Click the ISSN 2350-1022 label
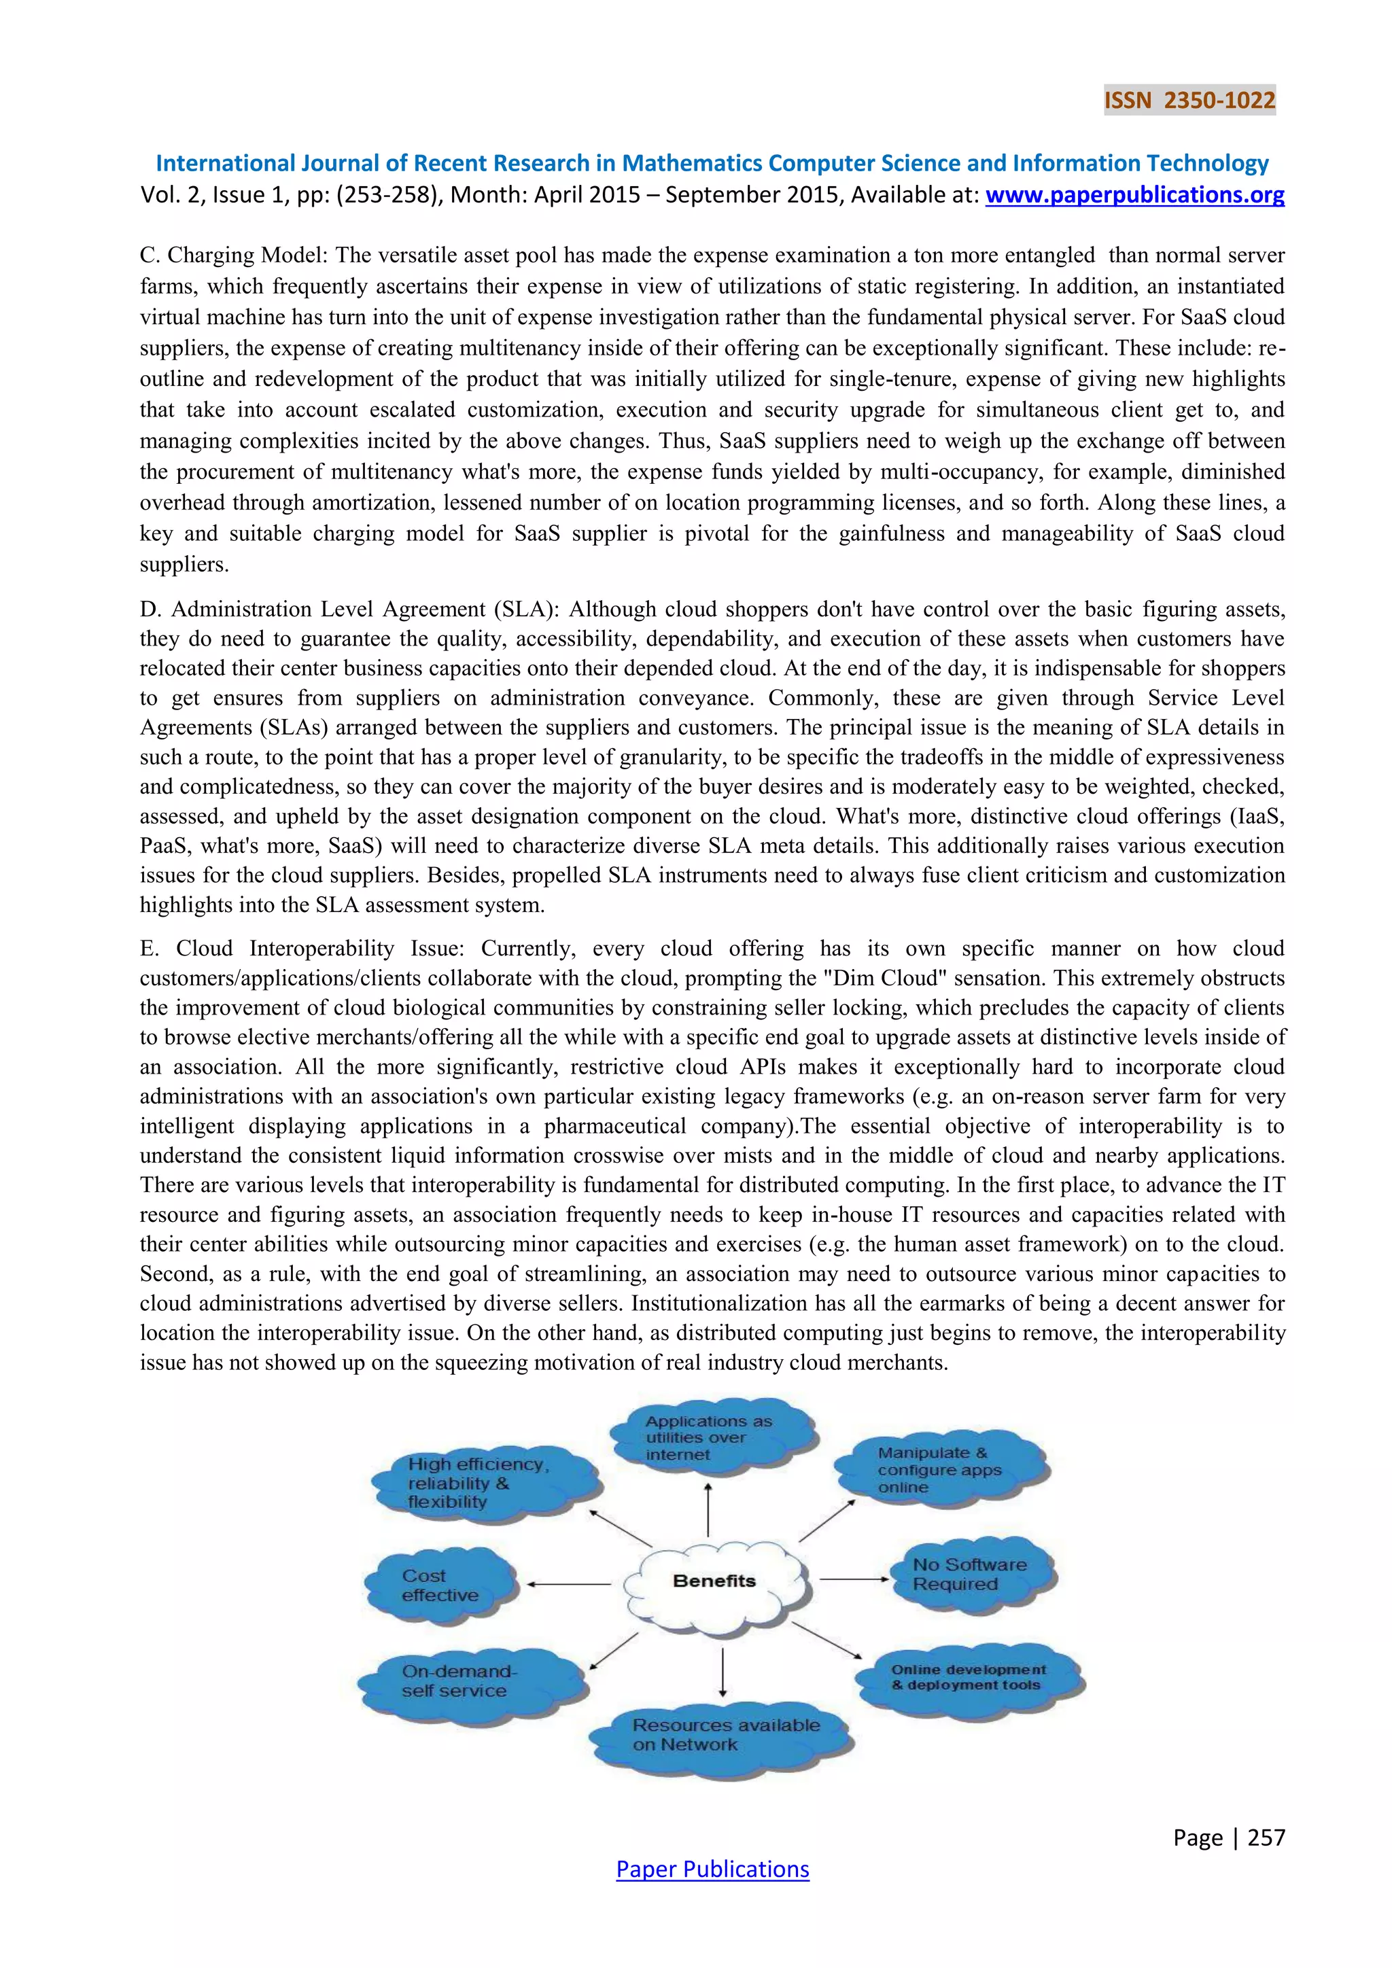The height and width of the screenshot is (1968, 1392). [1189, 101]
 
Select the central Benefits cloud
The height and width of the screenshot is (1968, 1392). [714, 1581]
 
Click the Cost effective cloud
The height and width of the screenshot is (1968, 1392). [440, 1585]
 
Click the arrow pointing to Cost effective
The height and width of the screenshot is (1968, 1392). [568, 1585]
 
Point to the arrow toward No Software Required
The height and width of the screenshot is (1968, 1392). [854, 1579]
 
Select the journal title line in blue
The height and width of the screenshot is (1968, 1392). [712, 163]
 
